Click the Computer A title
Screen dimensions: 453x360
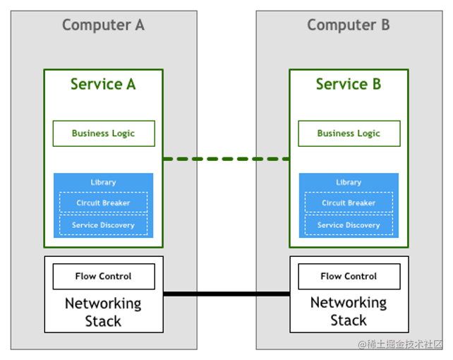click(103, 25)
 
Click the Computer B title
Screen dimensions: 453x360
click(349, 25)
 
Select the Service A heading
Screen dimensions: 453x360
click(103, 84)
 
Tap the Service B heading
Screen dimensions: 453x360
click(349, 84)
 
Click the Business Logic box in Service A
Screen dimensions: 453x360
click(104, 133)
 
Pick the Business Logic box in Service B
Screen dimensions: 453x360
click(349, 133)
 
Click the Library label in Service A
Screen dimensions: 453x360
click(103, 182)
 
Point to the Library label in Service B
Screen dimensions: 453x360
click(349, 182)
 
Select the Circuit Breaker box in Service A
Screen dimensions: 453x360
click(104, 203)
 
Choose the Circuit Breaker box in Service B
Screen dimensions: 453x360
click(349, 203)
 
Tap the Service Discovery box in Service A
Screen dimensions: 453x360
click(104, 224)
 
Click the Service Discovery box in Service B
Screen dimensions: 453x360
click(349, 224)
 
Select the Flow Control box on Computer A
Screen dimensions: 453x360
click(104, 276)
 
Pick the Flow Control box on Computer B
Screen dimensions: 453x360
click(349, 276)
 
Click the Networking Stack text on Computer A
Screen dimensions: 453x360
click(103, 312)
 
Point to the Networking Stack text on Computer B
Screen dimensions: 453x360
click(349, 311)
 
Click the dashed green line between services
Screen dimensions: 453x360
click(226, 159)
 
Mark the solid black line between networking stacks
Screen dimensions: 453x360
click(226, 294)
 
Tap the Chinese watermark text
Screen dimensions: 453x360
click(400, 344)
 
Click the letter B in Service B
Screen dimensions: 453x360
click(377, 84)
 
